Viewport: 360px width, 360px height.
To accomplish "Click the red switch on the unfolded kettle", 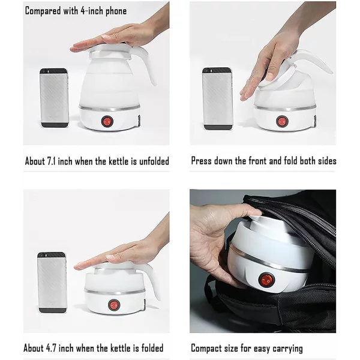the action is [x=107, y=121].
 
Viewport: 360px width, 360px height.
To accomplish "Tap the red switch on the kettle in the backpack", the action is [x=266, y=280].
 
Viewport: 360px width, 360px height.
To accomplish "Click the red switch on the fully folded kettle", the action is [x=114, y=304].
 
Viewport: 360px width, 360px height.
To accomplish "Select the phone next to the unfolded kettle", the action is [x=54, y=98].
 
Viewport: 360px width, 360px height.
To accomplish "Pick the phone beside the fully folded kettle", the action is [x=52, y=283].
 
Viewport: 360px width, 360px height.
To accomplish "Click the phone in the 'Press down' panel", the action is [x=217, y=98].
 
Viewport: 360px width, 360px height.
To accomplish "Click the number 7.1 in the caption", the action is [x=51, y=161].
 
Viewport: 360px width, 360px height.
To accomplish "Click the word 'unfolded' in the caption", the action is [x=154, y=161].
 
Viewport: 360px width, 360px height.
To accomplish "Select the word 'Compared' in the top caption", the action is [x=43, y=11].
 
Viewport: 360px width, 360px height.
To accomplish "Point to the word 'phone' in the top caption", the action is [x=116, y=11].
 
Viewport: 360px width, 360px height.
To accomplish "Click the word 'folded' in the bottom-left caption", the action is [x=152, y=348].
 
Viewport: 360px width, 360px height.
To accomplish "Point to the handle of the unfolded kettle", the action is [x=147, y=63].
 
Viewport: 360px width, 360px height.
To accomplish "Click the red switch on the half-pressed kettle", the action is [x=282, y=121].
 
